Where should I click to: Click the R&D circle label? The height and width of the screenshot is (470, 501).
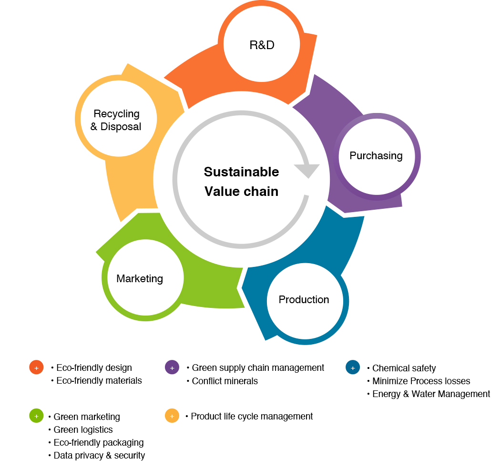tap(262, 45)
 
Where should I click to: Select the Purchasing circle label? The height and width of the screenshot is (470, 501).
tap(376, 156)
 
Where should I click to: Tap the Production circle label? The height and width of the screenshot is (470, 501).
tap(304, 300)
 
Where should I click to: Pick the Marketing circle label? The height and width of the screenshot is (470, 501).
tap(140, 279)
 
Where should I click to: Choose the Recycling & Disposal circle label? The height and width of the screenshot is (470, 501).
tap(117, 120)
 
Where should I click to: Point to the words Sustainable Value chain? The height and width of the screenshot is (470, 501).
tap(242, 182)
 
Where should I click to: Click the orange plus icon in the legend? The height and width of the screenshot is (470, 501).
tap(36, 368)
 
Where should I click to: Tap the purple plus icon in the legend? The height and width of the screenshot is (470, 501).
tap(172, 368)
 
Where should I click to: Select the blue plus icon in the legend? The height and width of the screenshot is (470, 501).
tap(353, 368)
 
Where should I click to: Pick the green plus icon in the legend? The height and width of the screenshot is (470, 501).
tap(36, 416)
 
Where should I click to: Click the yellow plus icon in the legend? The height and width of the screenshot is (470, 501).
tap(172, 416)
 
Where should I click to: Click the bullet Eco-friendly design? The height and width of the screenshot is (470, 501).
tap(94, 368)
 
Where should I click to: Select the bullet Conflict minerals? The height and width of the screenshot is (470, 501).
tap(225, 381)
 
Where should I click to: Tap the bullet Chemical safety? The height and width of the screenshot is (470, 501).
tap(404, 368)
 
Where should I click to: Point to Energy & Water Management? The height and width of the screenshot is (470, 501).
tap(431, 394)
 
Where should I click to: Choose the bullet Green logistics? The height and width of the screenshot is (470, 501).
tap(83, 430)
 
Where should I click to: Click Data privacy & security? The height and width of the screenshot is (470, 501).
tap(99, 456)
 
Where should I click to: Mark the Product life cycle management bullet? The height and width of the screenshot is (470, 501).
tap(252, 417)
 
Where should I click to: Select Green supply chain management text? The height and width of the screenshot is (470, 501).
tap(258, 368)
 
